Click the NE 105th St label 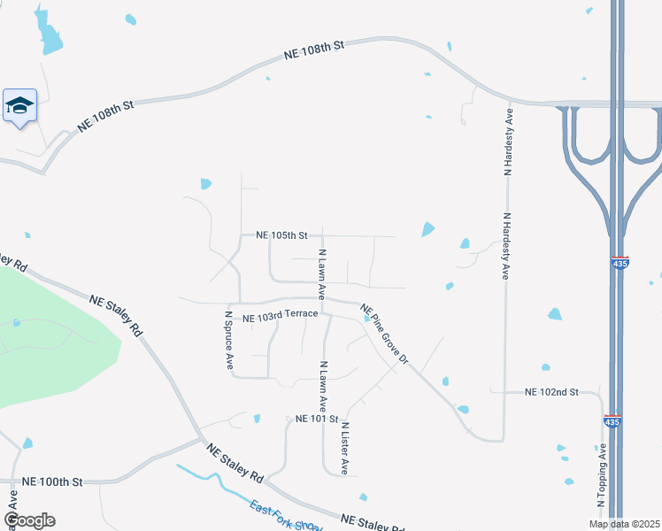tap(281, 235)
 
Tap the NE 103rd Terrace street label tap(274, 318)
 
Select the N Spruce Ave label tap(228, 339)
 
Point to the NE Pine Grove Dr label tap(384, 334)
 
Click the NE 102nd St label tap(550, 391)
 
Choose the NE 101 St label tap(317, 419)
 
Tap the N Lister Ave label tap(344, 447)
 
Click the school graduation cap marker tap(19, 107)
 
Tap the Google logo tap(29, 520)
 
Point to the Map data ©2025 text tap(623, 524)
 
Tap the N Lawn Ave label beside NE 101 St tap(324, 386)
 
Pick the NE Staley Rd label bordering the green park tap(116, 315)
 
